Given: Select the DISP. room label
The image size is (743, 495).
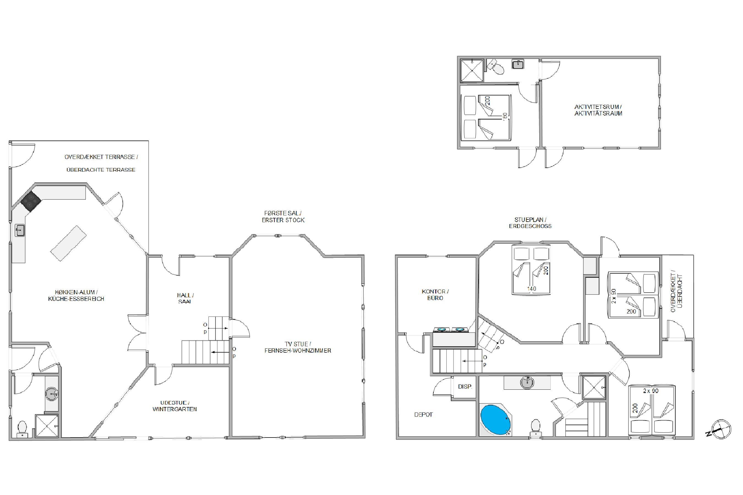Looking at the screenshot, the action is (x=465, y=386).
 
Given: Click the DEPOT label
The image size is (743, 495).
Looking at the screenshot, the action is (x=423, y=414).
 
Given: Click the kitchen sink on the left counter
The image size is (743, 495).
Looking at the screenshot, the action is (x=20, y=230).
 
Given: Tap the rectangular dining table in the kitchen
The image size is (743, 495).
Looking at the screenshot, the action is (x=69, y=243).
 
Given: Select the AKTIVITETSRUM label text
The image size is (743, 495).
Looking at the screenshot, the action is (x=598, y=107).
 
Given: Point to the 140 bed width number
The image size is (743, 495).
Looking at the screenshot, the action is (x=532, y=288).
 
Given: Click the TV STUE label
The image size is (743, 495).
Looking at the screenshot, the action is (x=297, y=344).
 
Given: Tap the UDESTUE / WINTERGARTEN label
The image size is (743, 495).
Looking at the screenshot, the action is (x=175, y=406).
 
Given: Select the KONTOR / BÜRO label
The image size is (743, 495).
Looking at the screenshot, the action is (x=435, y=295).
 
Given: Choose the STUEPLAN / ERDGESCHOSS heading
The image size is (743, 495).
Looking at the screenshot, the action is (x=530, y=222).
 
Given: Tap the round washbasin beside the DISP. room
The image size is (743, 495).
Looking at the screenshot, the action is (x=527, y=383).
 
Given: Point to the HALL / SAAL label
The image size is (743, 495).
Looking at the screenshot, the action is (x=185, y=298).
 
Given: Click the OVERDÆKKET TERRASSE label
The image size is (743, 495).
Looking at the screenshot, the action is (x=101, y=157).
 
